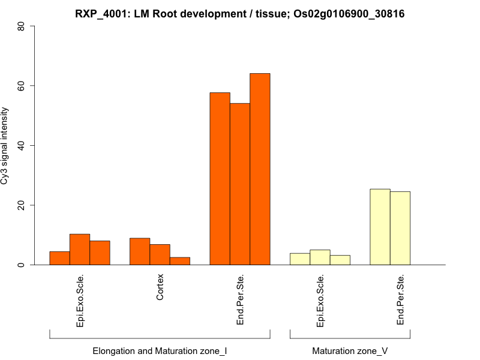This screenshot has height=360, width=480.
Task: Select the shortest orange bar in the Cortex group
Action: click(180, 261)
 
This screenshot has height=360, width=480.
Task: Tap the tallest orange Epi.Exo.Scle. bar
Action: click(80, 250)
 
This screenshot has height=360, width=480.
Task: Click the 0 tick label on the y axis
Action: click(25, 265)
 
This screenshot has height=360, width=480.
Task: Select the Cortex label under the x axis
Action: click(160, 287)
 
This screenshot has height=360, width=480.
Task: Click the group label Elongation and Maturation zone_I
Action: click(160, 350)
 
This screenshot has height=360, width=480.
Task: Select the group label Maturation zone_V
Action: click(350, 350)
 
